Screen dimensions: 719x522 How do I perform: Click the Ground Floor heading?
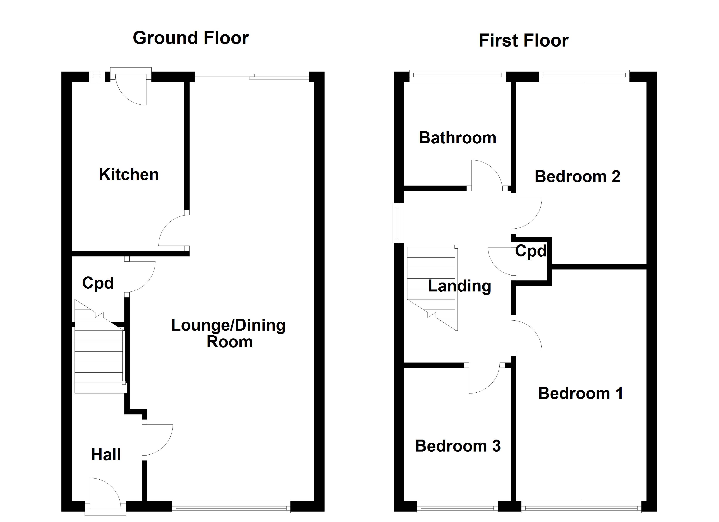(x=190, y=38)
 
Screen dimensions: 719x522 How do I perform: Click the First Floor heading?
(x=523, y=40)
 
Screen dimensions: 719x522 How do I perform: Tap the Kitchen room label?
(x=129, y=174)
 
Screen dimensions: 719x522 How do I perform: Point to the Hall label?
(x=106, y=455)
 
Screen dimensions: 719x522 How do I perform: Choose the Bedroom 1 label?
(x=580, y=393)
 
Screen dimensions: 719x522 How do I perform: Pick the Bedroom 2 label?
(x=577, y=176)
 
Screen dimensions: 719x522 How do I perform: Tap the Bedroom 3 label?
(x=458, y=446)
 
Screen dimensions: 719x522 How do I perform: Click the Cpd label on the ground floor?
(x=98, y=283)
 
